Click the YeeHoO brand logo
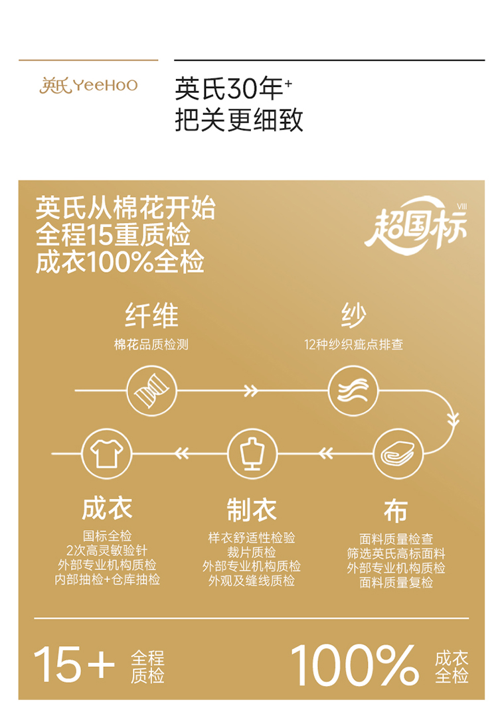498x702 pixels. pos(88,86)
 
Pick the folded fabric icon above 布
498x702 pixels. pos(397,454)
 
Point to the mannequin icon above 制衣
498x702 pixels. pos(252,454)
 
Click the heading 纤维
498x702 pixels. pos(152,316)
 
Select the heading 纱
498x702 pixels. pos(353,316)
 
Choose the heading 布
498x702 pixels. pos(396,512)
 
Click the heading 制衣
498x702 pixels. pos(252,510)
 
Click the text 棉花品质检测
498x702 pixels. pos(151,344)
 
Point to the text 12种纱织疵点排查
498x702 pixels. pos(353,344)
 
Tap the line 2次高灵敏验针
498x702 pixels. pos(107,551)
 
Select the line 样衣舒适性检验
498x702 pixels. pos(252,537)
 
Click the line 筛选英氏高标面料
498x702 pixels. pos(396,553)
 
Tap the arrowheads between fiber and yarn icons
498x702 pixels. pos(250,390)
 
